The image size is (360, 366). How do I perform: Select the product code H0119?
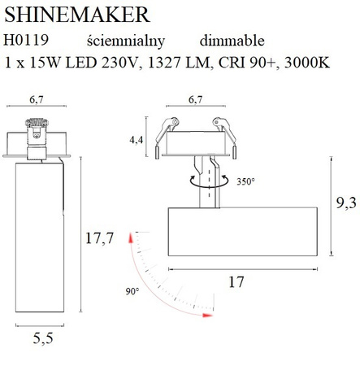[x=27, y=40]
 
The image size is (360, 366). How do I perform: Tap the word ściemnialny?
[x=124, y=40]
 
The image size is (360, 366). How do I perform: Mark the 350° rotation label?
[x=249, y=181]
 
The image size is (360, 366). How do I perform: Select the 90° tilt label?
[x=132, y=290]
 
